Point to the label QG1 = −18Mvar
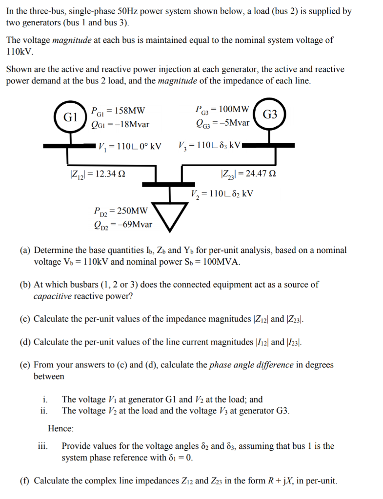point(120,124)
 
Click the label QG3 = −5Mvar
point(222,123)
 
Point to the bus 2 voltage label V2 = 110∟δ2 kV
point(222,193)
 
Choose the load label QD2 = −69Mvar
point(122,225)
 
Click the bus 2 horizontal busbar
point(170,184)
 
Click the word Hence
point(60,429)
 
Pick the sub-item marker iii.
point(44,446)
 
